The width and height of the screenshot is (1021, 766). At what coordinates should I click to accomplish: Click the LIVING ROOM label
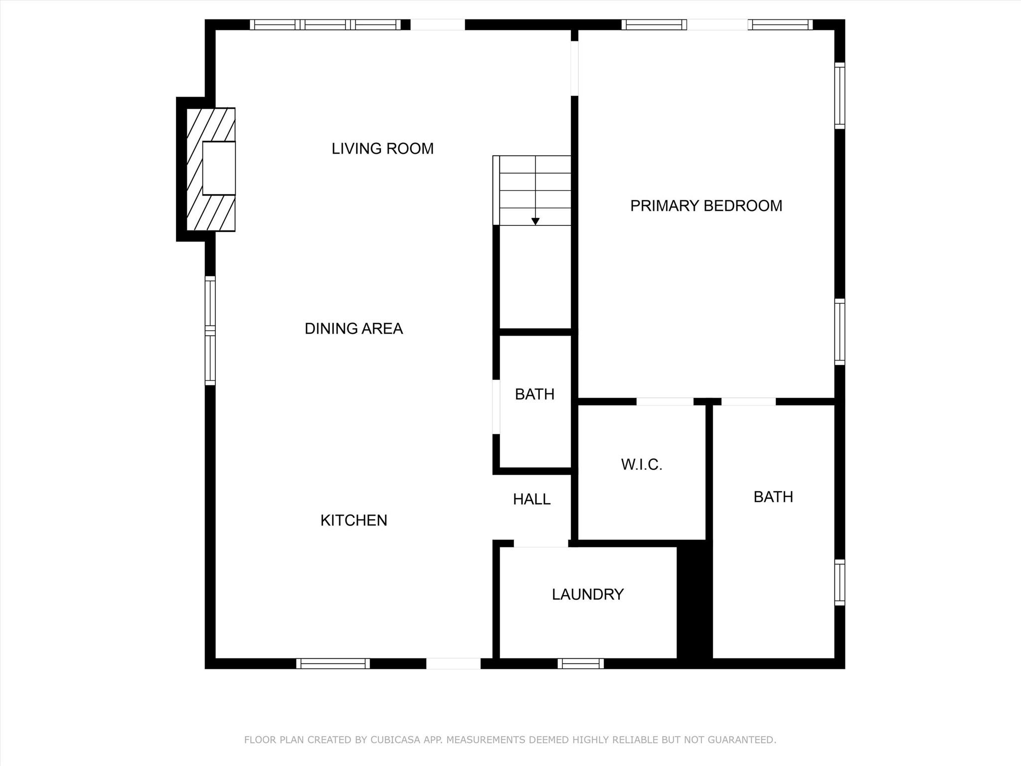(382, 149)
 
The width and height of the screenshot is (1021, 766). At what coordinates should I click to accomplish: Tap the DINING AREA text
(353, 329)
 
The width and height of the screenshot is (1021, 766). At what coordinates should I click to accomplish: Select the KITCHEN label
(353, 521)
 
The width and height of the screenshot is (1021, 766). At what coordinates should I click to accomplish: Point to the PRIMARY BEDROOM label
(706, 206)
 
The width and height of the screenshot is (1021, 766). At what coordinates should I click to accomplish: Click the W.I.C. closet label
(642, 465)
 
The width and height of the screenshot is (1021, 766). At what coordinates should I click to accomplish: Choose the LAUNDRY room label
(588, 594)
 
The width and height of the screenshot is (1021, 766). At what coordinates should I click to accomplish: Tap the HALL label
(532, 499)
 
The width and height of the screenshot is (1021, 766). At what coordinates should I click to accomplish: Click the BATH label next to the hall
(534, 394)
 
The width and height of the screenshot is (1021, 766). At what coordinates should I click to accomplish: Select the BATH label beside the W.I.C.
(773, 497)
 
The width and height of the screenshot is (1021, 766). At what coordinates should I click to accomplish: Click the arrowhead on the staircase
(535, 222)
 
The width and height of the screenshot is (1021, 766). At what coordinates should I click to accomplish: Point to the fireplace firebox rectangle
(219, 168)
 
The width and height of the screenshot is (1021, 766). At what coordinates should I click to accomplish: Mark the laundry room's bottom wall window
(581, 663)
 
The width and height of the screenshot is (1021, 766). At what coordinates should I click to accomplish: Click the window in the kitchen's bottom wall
(333, 663)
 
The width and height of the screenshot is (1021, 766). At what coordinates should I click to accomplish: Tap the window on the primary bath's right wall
(840, 582)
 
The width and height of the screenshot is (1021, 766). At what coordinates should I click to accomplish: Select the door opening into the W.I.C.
(665, 401)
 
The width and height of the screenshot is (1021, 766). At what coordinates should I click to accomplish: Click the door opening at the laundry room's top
(541, 544)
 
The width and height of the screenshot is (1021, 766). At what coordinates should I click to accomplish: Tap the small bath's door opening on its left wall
(496, 407)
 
